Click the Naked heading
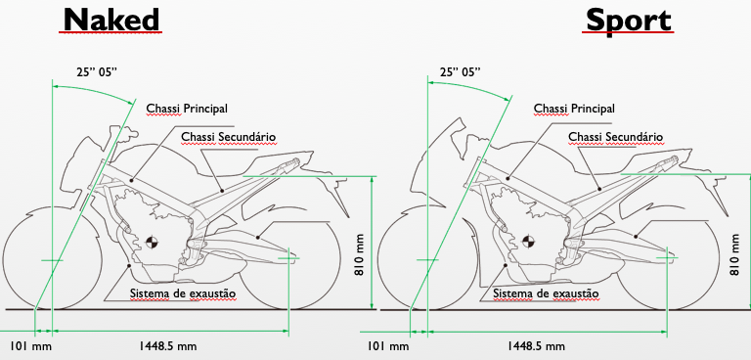[x=111, y=21]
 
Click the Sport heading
[x=629, y=22]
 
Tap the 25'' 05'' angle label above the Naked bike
[x=97, y=72]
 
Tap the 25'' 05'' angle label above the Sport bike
[x=461, y=72]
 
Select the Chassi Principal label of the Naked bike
[x=187, y=109]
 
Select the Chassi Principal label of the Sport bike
[x=574, y=109]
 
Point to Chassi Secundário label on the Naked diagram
[x=229, y=137]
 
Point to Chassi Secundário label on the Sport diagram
[x=616, y=137]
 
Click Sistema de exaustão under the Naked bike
[x=183, y=292]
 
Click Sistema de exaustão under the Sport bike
[x=546, y=292]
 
